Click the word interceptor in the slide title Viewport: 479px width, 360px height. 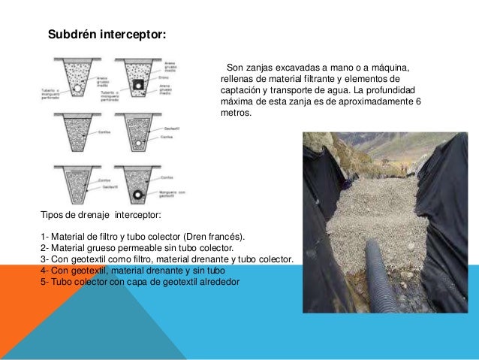134,35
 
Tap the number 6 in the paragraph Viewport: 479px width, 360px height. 418,101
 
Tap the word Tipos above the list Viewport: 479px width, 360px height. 53,215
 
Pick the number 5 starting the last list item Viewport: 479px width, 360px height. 44,282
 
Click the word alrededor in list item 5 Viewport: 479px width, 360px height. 218,282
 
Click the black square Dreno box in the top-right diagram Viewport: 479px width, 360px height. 137,86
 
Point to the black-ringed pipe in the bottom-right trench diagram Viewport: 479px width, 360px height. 137,195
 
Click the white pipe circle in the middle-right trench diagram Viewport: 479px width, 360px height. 137,143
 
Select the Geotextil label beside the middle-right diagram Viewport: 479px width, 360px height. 172,129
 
